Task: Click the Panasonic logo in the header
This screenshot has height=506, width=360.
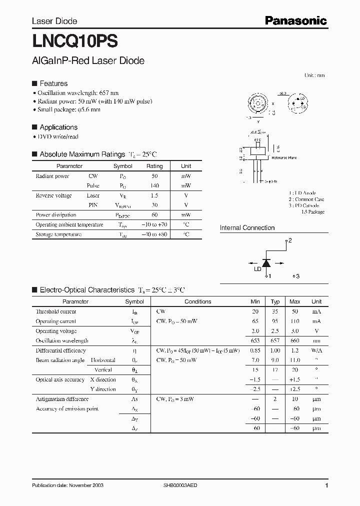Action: [x=295, y=20]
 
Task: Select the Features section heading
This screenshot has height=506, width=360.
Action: [x=53, y=83]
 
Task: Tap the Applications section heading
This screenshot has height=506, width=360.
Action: [x=58, y=127]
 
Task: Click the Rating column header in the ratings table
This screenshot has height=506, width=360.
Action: [x=154, y=166]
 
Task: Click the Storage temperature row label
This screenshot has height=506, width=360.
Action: [x=58, y=234]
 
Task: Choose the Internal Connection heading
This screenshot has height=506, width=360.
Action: [x=247, y=228]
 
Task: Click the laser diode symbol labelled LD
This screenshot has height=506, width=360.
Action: [x=266, y=262]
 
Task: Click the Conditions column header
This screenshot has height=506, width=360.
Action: [x=197, y=301]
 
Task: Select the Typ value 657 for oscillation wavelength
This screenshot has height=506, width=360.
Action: [x=274, y=340]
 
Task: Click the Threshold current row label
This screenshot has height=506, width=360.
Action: [x=56, y=311]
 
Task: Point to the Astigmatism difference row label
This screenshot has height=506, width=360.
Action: [x=62, y=399]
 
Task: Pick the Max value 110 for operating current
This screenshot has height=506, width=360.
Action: [x=294, y=321]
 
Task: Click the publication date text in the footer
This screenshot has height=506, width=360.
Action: [x=67, y=486]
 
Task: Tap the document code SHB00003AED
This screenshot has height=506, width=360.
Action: [x=183, y=486]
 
